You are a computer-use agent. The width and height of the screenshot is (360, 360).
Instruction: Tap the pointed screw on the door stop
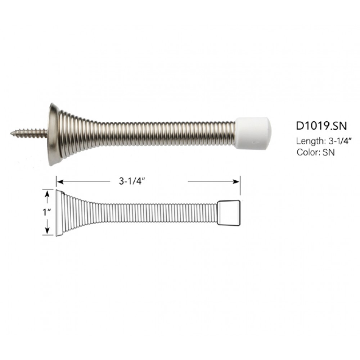(29, 132)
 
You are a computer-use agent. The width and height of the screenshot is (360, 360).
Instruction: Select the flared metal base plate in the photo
(53, 134)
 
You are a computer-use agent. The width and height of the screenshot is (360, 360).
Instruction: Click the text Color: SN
(316, 152)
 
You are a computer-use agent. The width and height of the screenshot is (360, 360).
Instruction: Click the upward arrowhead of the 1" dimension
(47, 194)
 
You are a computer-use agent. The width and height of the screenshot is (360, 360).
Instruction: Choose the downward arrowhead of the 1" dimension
(47, 231)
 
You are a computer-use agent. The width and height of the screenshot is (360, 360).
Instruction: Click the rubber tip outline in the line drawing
(229, 213)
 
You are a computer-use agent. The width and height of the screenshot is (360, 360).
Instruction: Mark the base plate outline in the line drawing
(59, 213)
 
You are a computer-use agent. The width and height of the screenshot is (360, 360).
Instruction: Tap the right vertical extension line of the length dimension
(240, 187)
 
